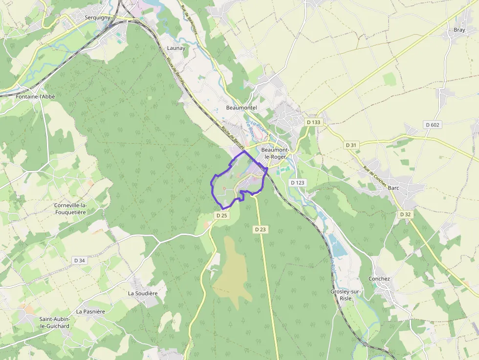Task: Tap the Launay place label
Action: tap(176, 48)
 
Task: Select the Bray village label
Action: tap(459, 30)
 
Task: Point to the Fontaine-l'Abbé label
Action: tap(35, 97)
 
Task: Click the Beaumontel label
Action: tap(241, 107)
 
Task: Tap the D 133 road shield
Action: tap(314, 122)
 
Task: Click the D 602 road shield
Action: tap(433, 125)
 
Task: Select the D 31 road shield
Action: tap(351, 145)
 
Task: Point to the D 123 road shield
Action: tap(297, 183)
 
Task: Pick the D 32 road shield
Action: tap(405, 214)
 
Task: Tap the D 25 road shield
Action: tap(221, 215)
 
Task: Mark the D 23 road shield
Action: tap(260, 229)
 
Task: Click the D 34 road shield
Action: tap(79, 260)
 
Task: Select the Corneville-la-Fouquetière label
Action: tap(70, 209)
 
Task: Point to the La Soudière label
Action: tap(143, 294)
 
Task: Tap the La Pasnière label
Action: tap(90, 311)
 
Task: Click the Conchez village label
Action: tap(379, 279)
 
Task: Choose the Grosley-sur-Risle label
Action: tap(346, 295)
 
